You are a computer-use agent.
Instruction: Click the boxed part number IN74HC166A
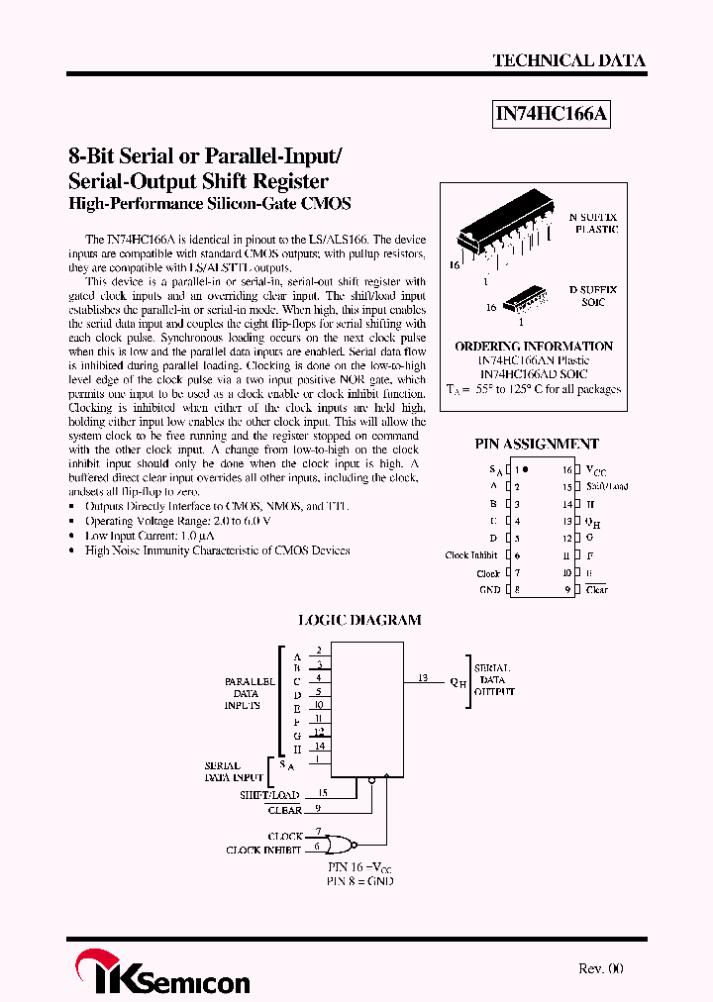click(552, 115)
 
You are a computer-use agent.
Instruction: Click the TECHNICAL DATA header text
click(568, 60)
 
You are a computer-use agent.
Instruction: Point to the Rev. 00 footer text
click(600, 968)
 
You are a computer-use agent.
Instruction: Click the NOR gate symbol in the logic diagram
click(341, 843)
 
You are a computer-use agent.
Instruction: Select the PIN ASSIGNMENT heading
click(538, 445)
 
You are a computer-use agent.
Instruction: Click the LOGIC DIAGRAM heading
click(359, 620)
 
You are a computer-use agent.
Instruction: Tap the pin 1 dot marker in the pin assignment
click(525, 469)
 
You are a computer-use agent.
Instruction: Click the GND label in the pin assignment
click(489, 589)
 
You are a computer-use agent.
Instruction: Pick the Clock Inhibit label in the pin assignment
click(471, 555)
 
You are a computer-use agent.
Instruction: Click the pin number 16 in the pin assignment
click(567, 469)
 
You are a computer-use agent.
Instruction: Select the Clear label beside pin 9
click(596, 590)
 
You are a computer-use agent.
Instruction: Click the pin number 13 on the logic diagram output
click(423, 678)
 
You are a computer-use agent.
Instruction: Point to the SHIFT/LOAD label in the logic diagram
click(269, 795)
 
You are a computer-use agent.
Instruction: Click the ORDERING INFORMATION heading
click(534, 347)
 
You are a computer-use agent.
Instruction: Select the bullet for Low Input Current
click(74, 536)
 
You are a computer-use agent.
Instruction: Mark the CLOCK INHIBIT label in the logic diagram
click(263, 850)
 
